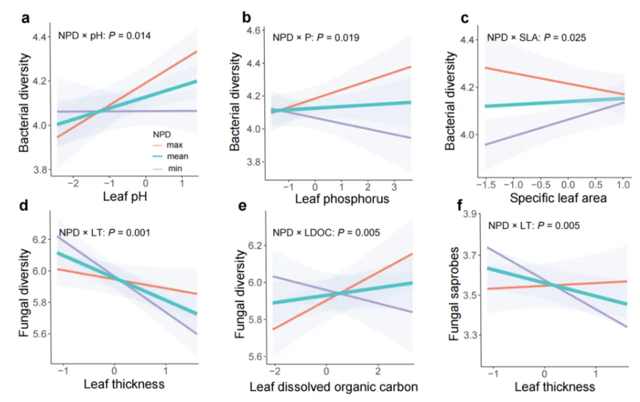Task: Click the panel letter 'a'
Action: pyautogui.click(x=26, y=17)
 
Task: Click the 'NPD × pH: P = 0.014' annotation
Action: pyautogui.click(x=104, y=36)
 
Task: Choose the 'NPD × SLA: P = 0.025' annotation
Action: pyautogui.click(x=536, y=38)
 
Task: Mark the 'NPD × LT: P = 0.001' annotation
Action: pyautogui.click(x=104, y=232)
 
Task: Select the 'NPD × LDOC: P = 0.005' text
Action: pyautogui.click(x=326, y=233)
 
